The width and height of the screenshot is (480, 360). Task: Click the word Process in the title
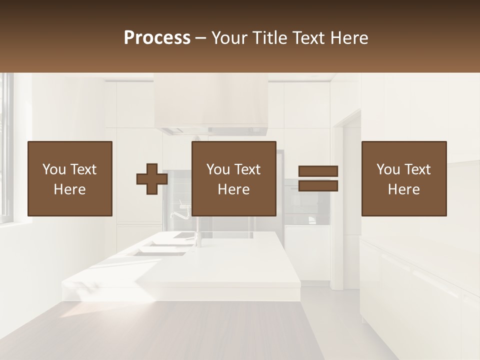pos(157,38)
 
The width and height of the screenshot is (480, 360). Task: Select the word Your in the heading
pos(228,38)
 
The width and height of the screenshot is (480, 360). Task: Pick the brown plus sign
pos(152,178)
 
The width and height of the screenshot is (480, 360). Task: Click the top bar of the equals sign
pos(318,171)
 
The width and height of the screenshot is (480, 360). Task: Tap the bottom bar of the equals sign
pos(318,186)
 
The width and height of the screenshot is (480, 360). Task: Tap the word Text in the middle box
pos(247,169)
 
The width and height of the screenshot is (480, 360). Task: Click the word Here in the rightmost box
pos(404,189)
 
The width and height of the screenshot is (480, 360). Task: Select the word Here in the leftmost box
pos(70,189)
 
